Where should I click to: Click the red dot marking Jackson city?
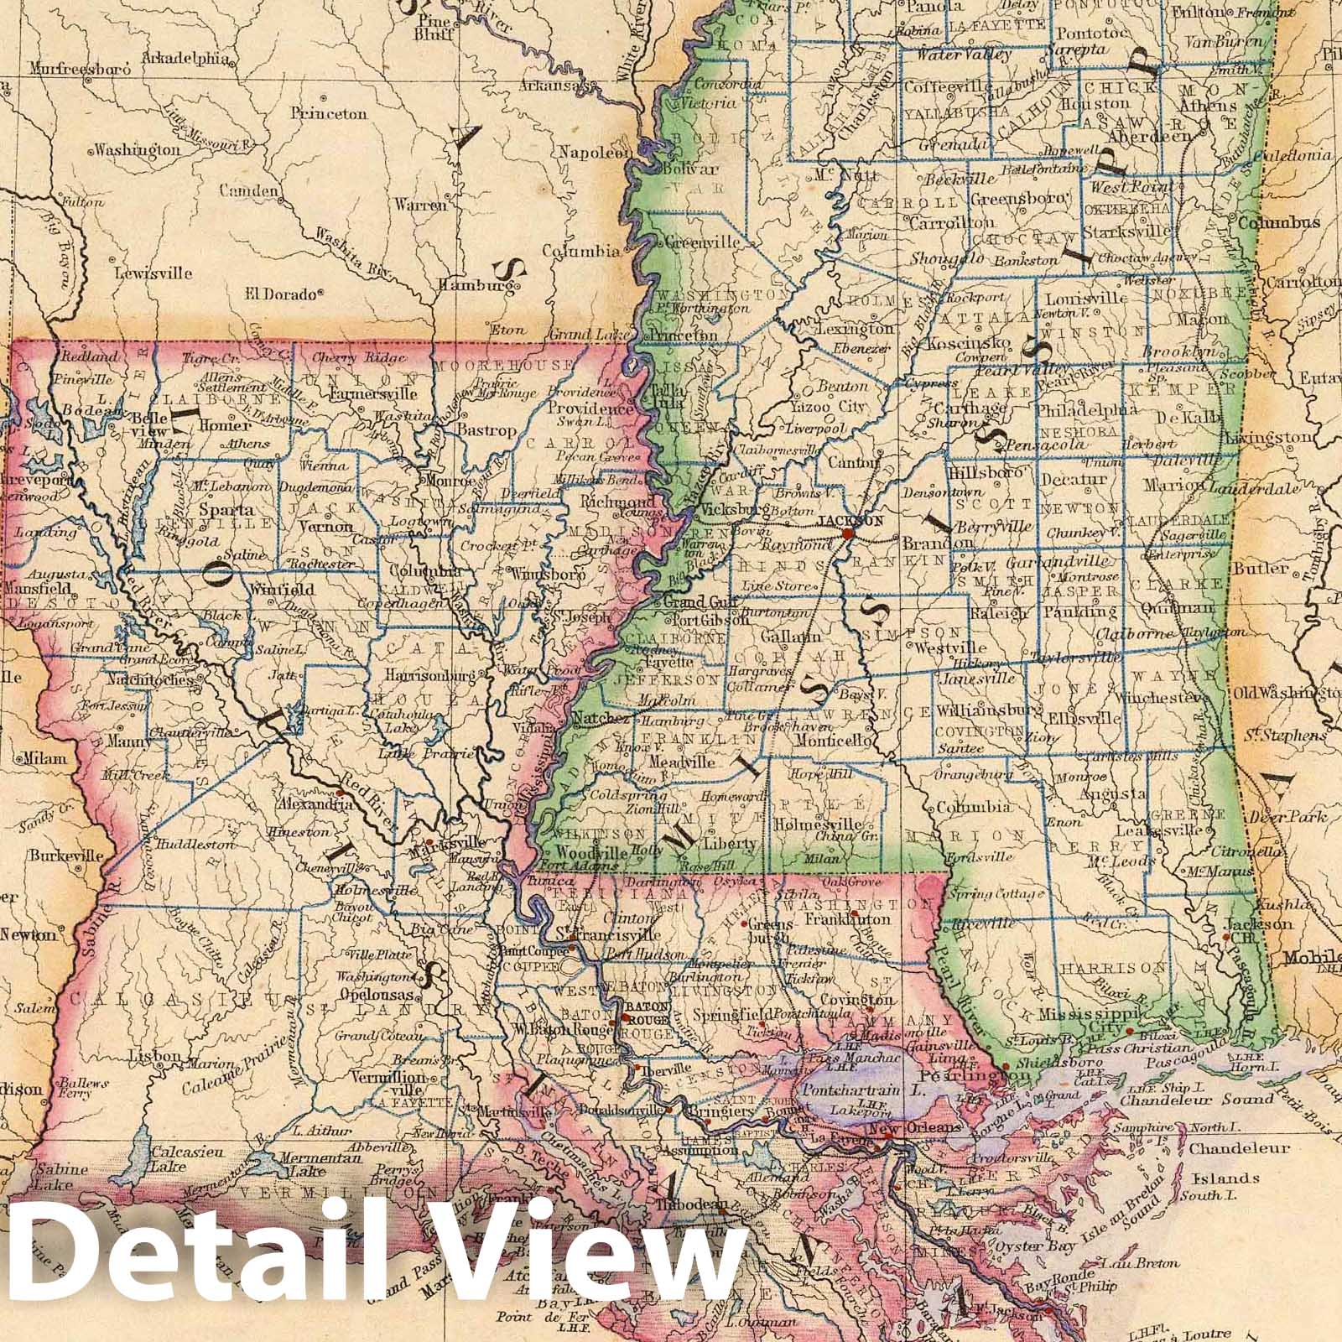(x=848, y=533)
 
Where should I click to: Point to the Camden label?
(x=248, y=191)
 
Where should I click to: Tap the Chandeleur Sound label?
(x=1182, y=1100)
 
